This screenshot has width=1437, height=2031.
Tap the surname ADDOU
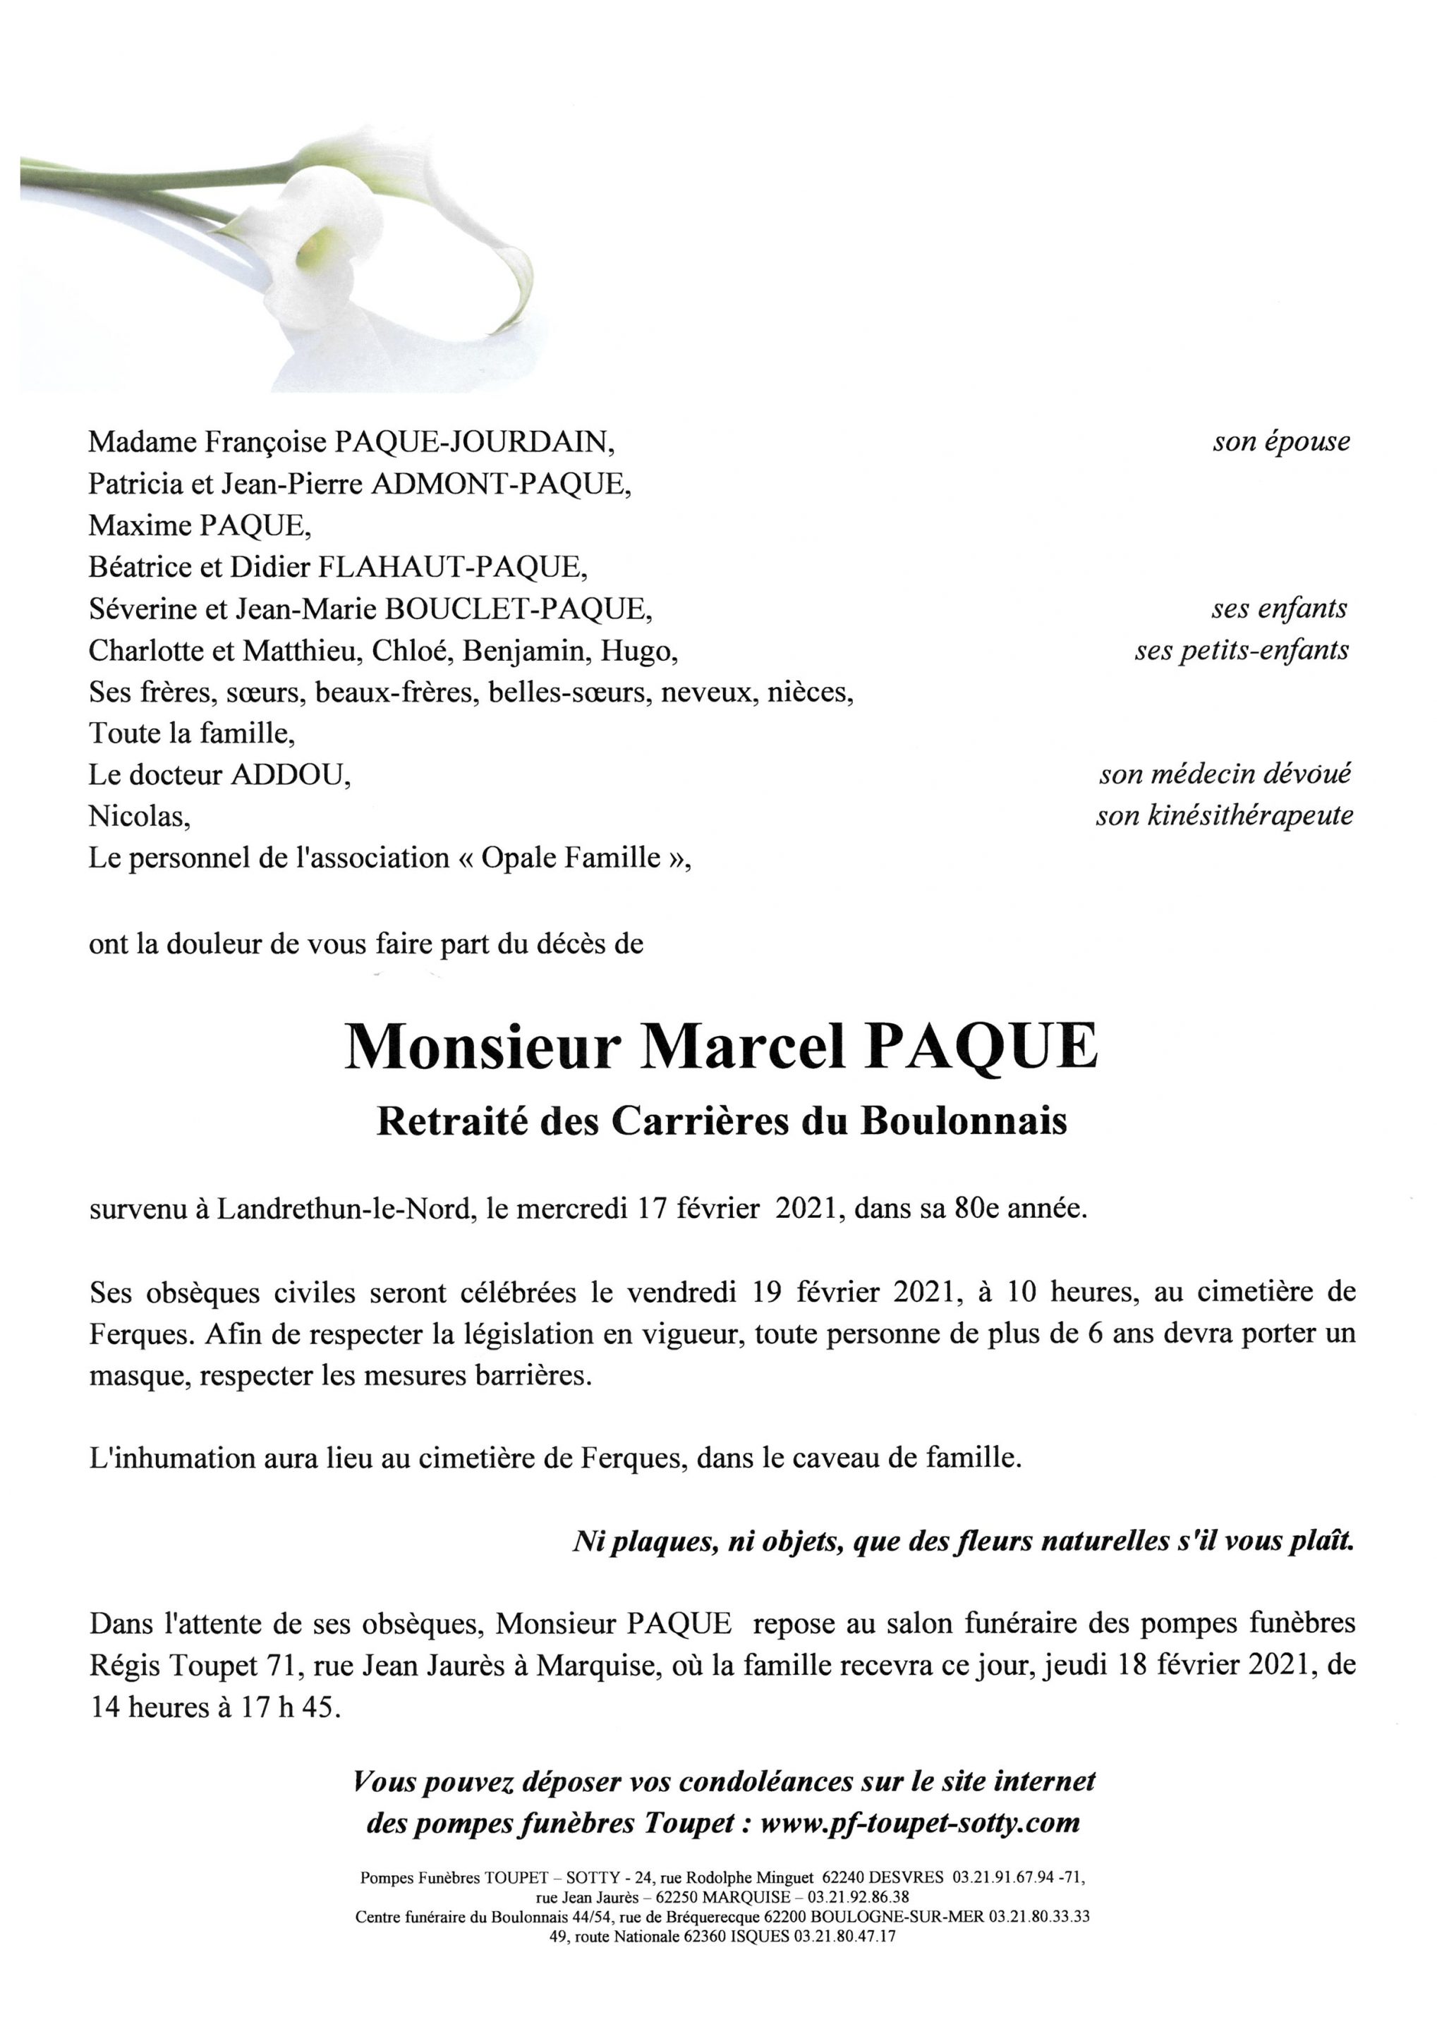(x=289, y=775)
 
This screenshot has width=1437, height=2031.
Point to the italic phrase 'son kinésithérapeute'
(x=1224, y=816)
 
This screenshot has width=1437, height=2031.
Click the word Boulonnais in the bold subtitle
(x=964, y=1122)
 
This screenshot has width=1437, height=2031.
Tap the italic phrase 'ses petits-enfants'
(x=1242, y=650)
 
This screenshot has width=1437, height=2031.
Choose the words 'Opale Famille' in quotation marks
(x=570, y=858)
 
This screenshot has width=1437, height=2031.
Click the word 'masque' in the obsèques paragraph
(x=139, y=1377)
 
